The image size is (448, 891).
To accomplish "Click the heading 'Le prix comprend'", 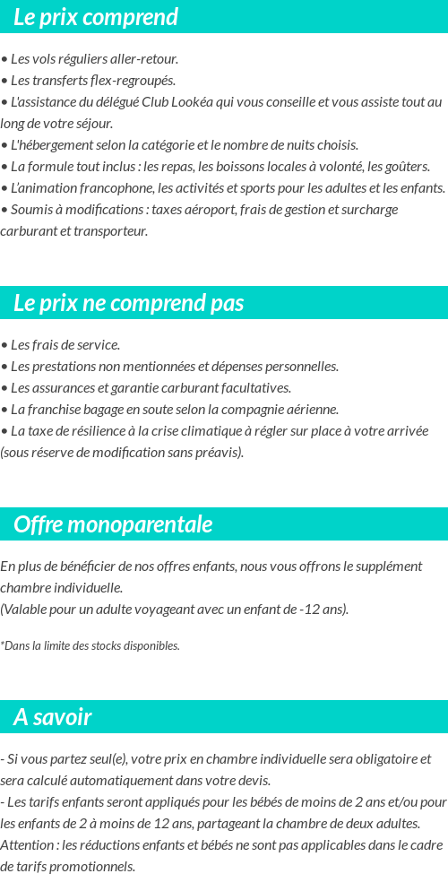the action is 96,17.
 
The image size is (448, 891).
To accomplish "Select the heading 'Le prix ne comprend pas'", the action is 128,303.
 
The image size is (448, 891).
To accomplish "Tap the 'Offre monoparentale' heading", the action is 113,524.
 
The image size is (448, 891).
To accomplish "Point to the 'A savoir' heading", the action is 52,717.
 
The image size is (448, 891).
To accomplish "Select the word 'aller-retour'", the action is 145,59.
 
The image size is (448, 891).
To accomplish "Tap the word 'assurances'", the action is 64,388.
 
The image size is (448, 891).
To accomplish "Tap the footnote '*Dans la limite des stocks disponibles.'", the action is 90,645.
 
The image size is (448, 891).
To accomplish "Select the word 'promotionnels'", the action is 92,867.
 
